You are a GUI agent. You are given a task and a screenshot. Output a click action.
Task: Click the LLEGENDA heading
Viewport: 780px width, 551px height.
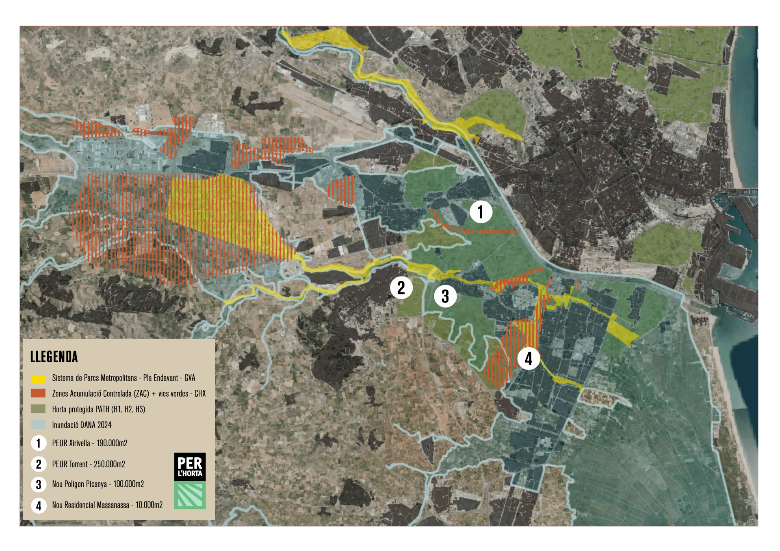click(x=54, y=357)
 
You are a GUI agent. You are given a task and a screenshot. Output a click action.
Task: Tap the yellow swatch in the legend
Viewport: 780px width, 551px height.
click(x=38, y=379)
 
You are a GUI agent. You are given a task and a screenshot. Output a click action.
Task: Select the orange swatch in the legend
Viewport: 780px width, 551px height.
click(x=38, y=393)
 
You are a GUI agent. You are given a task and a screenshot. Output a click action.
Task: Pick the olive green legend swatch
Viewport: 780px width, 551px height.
click(x=38, y=409)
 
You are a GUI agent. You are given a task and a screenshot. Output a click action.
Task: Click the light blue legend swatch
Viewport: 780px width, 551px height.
click(x=38, y=425)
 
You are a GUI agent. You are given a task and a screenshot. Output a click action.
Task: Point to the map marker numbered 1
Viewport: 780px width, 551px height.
click(x=481, y=212)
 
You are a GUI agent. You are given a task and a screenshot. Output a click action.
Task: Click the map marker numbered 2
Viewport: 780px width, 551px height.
click(x=401, y=288)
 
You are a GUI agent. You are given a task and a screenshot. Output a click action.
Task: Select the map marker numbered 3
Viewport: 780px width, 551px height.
click(x=445, y=296)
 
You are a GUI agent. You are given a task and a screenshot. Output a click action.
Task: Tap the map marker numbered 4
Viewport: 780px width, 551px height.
click(x=529, y=359)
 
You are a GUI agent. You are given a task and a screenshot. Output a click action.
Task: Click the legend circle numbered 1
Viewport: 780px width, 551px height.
click(x=39, y=443)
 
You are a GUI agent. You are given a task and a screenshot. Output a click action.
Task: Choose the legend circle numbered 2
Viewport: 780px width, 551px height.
click(x=39, y=464)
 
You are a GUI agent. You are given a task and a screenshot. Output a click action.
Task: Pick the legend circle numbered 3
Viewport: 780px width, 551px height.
click(x=39, y=484)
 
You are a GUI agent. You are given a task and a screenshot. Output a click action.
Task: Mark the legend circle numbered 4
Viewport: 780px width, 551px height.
click(x=39, y=506)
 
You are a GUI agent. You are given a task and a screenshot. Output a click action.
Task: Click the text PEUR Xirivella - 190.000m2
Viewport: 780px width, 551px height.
click(x=90, y=443)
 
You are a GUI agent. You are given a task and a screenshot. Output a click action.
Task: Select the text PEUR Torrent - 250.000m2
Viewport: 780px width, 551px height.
click(x=89, y=464)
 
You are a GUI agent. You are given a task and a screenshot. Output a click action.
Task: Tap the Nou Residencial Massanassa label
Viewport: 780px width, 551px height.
click(x=107, y=505)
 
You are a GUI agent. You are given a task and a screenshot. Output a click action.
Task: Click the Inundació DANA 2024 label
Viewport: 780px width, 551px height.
click(x=82, y=425)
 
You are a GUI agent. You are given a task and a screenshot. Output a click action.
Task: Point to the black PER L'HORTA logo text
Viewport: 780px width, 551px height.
click(x=190, y=467)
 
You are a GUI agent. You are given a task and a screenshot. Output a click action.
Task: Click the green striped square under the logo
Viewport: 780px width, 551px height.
click(x=190, y=495)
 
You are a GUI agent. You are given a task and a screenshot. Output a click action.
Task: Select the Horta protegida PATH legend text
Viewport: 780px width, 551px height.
click(x=99, y=409)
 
